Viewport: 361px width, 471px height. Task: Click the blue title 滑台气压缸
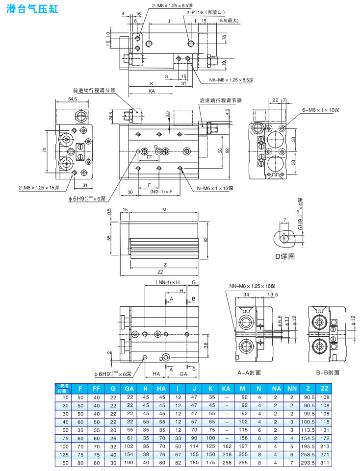coord(30,10)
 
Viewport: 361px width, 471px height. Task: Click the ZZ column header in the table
coord(324,389)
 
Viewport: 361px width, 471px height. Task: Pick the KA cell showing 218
coord(226,454)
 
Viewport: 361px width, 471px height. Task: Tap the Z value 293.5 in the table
coord(308,462)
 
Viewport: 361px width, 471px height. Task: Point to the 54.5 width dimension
coord(72,99)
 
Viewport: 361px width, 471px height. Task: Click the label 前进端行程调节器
coord(94,90)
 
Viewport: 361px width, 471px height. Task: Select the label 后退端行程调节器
coord(221,100)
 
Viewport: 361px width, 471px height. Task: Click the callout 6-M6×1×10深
coord(320,110)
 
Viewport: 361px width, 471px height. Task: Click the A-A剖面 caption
coord(249,372)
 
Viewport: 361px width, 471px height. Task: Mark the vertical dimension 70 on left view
coord(44,150)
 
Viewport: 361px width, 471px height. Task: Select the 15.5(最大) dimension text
coord(228,21)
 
